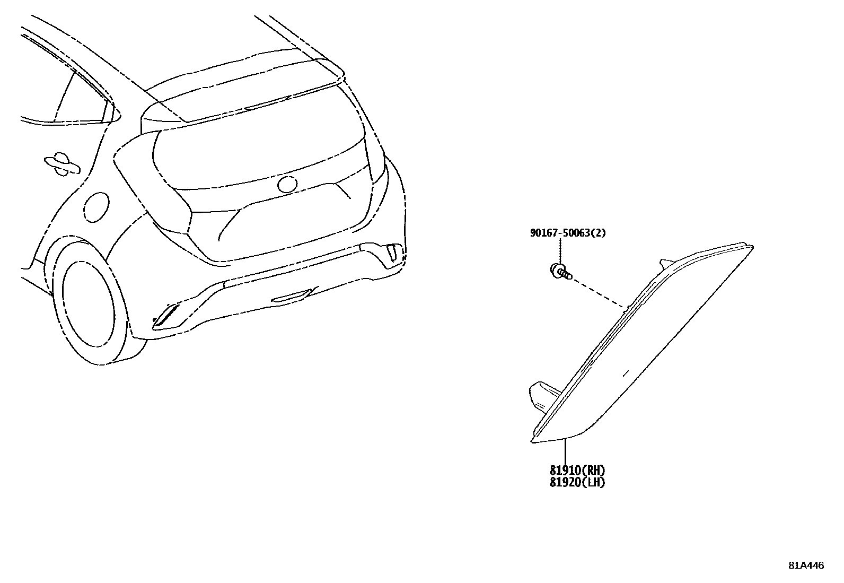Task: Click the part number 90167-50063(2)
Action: point(568,233)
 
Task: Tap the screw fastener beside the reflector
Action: point(560,272)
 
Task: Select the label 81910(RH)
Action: point(577,470)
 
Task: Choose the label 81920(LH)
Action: point(577,482)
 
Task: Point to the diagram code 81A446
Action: point(806,565)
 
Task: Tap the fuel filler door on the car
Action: point(96,206)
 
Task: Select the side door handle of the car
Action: point(61,164)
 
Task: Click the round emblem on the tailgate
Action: point(287,184)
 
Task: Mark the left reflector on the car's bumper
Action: point(168,316)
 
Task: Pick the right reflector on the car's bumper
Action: point(393,251)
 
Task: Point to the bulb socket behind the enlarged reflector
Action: point(542,395)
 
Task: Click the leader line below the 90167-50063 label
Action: point(561,249)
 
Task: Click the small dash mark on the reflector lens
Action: point(625,372)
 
